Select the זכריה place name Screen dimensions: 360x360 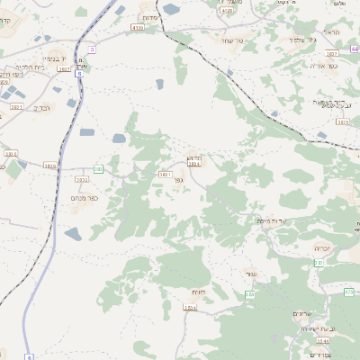pyautogui.click(x=321, y=247)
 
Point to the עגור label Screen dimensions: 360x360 pyautogui.click(x=251, y=274)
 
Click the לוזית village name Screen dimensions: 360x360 pyautogui.click(x=198, y=292)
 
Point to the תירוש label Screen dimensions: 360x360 pyautogui.click(x=194, y=157)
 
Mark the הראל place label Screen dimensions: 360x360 pyautogui.click(x=330, y=32)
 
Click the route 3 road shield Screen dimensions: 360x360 pyautogui.click(x=92, y=49)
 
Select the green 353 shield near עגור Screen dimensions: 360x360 pyautogui.click(x=249, y=295)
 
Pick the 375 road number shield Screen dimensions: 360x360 pyautogui.click(x=347, y=292)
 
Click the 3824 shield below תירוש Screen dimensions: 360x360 pyautogui.click(x=193, y=165)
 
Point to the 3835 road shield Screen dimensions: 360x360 pyautogui.click(x=341, y=121)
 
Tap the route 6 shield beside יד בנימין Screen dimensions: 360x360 pyautogui.click(x=79, y=74)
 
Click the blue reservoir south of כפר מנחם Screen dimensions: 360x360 pyautogui.click(x=73, y=234)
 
